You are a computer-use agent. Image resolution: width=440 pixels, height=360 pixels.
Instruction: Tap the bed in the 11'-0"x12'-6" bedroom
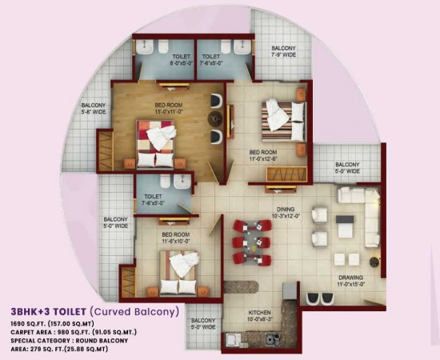coord(278,117)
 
